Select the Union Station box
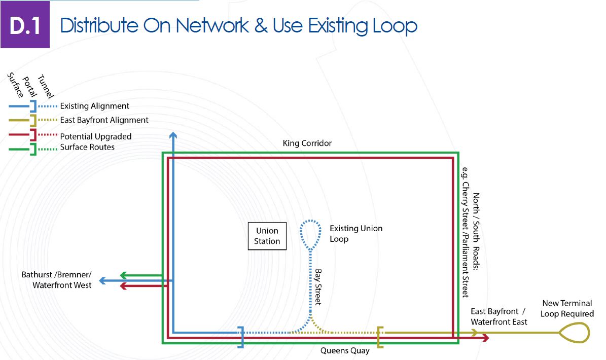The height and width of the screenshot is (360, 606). point(267,236)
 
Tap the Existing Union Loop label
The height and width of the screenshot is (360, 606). point(355,233)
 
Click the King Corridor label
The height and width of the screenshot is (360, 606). point(307,143)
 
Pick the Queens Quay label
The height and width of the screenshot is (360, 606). point(345,350)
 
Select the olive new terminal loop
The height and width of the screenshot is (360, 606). point(574,333)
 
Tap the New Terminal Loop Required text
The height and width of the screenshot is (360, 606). point(567,308)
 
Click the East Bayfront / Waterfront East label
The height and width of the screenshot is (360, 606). point(498,316)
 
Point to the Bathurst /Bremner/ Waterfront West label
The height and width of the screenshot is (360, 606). point(57,280)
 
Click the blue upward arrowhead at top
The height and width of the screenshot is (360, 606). point(173,135)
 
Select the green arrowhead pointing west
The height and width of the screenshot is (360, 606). point(123,275)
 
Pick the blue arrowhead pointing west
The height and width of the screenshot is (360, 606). point(102,280)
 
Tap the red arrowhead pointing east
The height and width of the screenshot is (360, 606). point(486,338)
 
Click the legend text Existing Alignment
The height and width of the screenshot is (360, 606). point(95,106)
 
